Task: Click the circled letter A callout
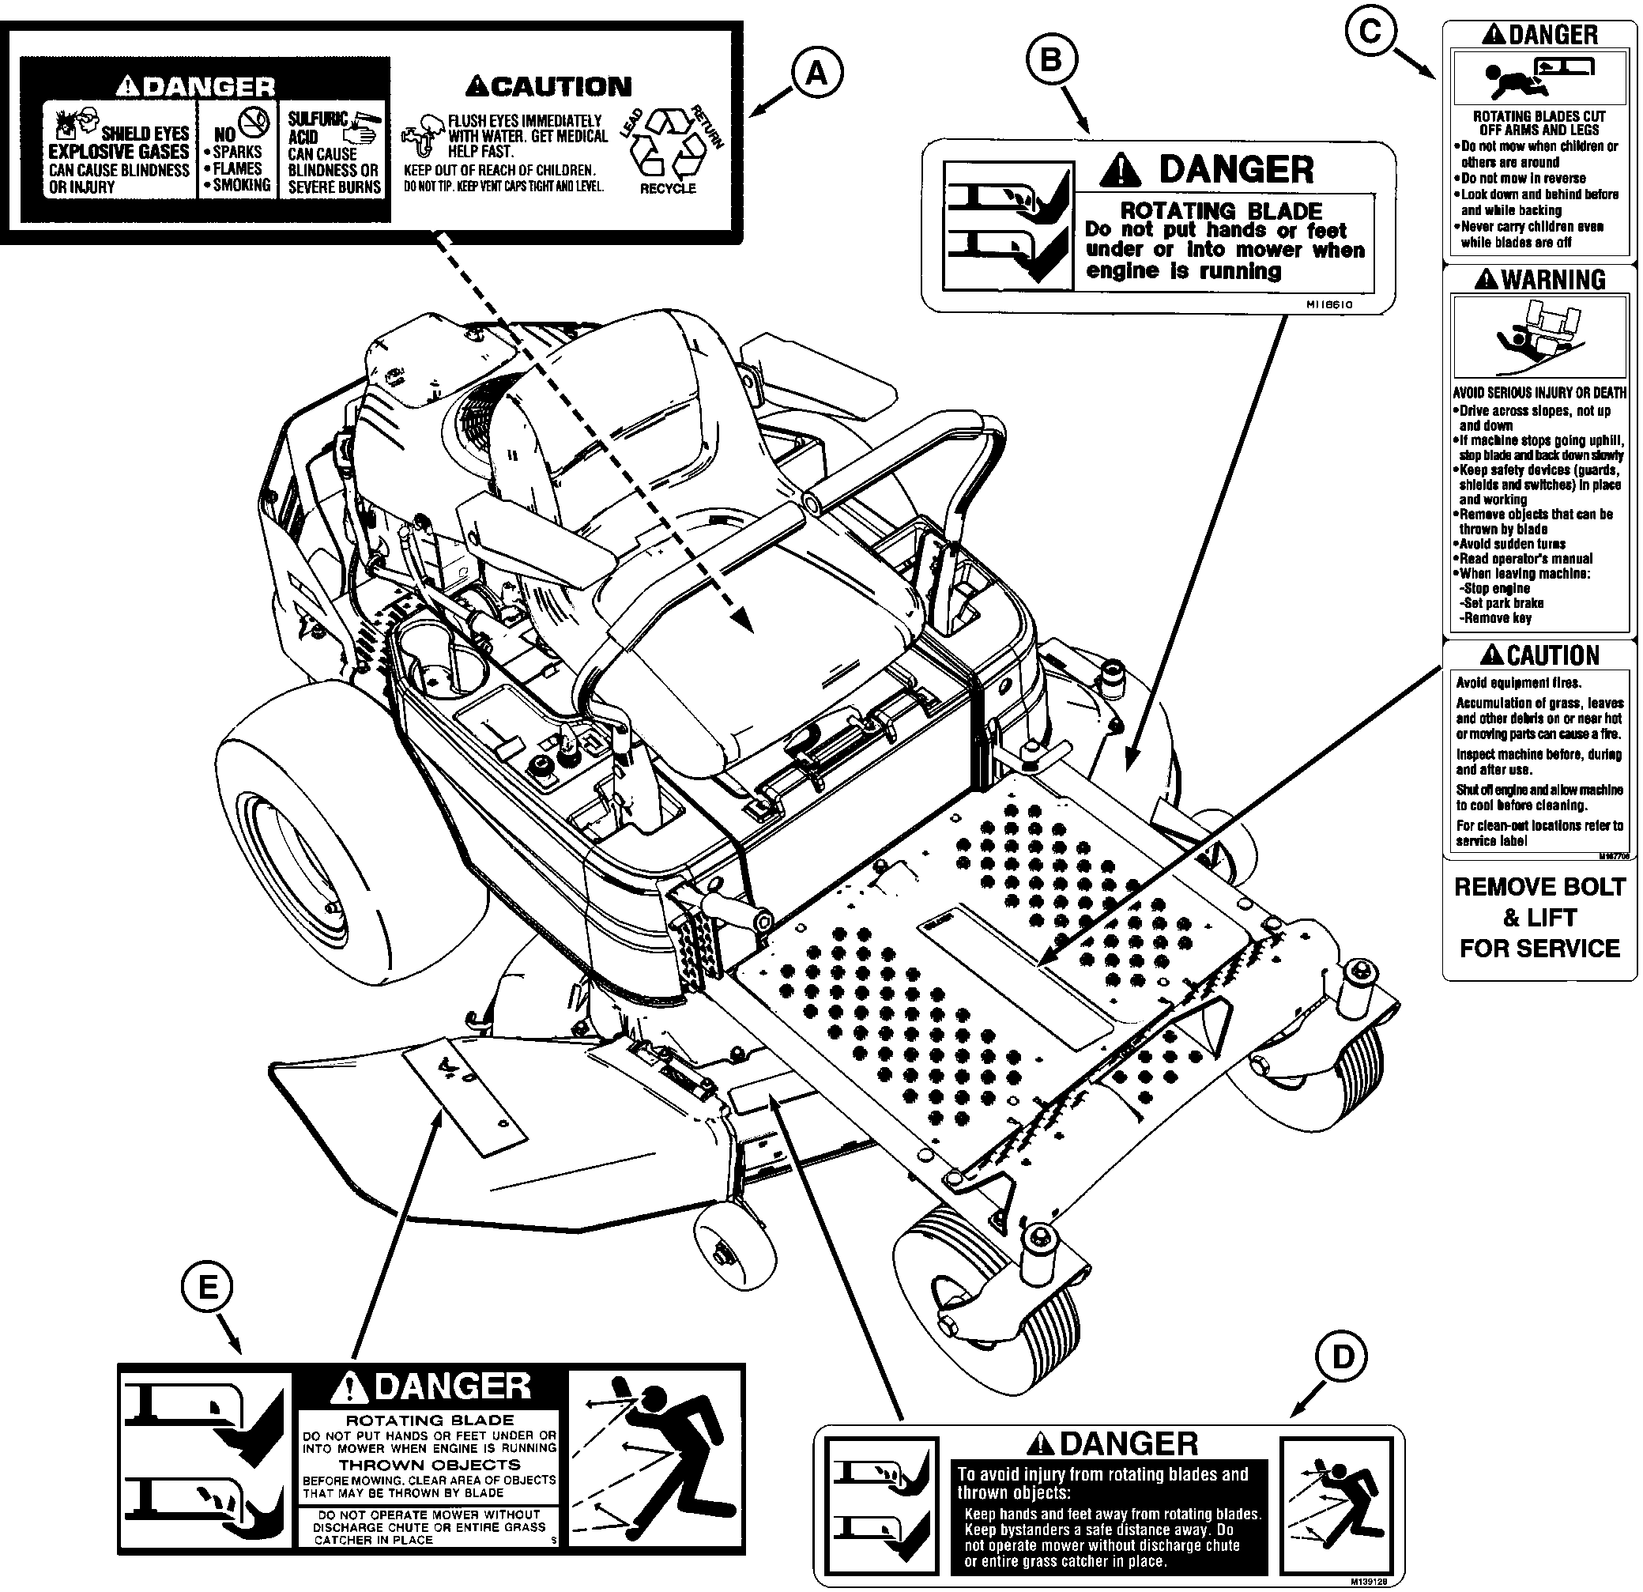(x=816, y=74)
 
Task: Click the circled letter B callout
(x=1050, y=60)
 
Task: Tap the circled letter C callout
(x=1369, y=31)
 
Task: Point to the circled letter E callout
(x=208, y=1287)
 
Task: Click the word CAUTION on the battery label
(x=548, y=85)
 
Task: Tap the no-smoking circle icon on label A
(x=254, y=123)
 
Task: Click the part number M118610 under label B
(x=1328, y=305)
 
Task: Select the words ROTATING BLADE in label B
(x=1220, y=210)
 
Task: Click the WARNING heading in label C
(x=1541, y=279)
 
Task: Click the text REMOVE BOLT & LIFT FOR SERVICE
(x=1539, y=917)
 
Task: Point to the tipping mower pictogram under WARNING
(x=1539, y=336)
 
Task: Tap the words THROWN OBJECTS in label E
(x=428, y=1464)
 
